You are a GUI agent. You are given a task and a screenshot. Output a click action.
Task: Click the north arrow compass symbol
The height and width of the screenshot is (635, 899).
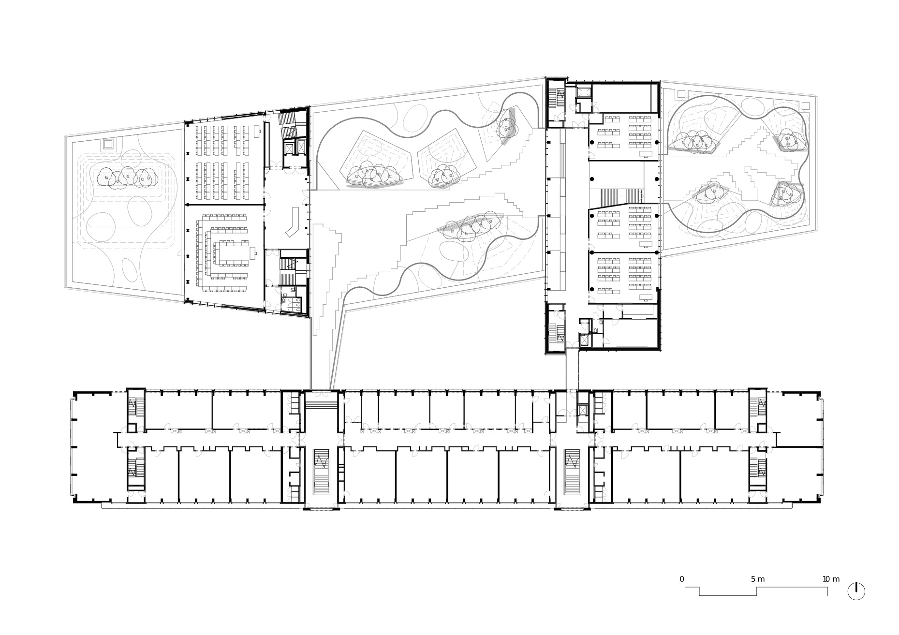click(x=856, y=591)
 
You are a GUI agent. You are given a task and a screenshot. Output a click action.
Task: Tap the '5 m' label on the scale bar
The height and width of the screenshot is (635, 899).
click(x=758, y=579)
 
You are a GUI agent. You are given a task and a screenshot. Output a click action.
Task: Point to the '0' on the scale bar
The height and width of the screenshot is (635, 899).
click(x=682, y=579)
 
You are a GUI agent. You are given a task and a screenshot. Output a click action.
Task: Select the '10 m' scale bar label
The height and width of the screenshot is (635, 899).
click(x=831, y=579)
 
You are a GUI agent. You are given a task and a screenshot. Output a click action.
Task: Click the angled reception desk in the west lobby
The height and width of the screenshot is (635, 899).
click(x=294, y=222)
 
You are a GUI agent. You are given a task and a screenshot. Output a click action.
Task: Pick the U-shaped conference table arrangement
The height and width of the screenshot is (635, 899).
click(x=225, y=253)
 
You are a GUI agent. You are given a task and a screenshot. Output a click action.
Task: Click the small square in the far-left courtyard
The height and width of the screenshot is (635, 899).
click(x=108, y=144)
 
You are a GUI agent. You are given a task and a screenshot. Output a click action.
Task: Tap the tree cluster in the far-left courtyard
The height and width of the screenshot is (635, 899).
click(x=127, y=177)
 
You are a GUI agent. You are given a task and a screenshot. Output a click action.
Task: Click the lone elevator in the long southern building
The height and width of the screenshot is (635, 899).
click(x=583, y=410)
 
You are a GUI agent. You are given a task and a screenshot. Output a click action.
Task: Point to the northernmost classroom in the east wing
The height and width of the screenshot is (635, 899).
click(x=623, y=137)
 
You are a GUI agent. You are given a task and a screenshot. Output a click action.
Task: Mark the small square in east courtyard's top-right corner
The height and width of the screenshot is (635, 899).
click(x=805, y=106)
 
